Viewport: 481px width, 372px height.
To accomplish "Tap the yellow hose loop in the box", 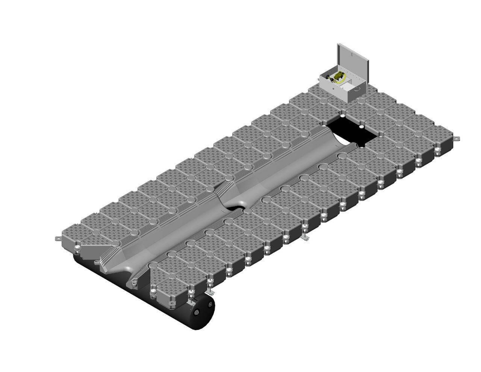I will pyautogui.click(x=343, y=79).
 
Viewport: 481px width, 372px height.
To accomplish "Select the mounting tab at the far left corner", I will pyautogui.click(x=57, y=238).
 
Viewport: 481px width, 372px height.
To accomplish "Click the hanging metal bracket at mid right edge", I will pyautogui.click(x=306, y=238).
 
